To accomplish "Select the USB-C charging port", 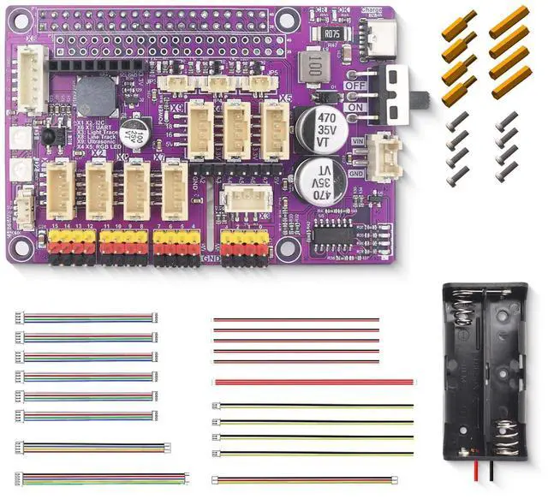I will coord(375,37).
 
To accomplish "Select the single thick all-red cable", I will coord(313,383).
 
